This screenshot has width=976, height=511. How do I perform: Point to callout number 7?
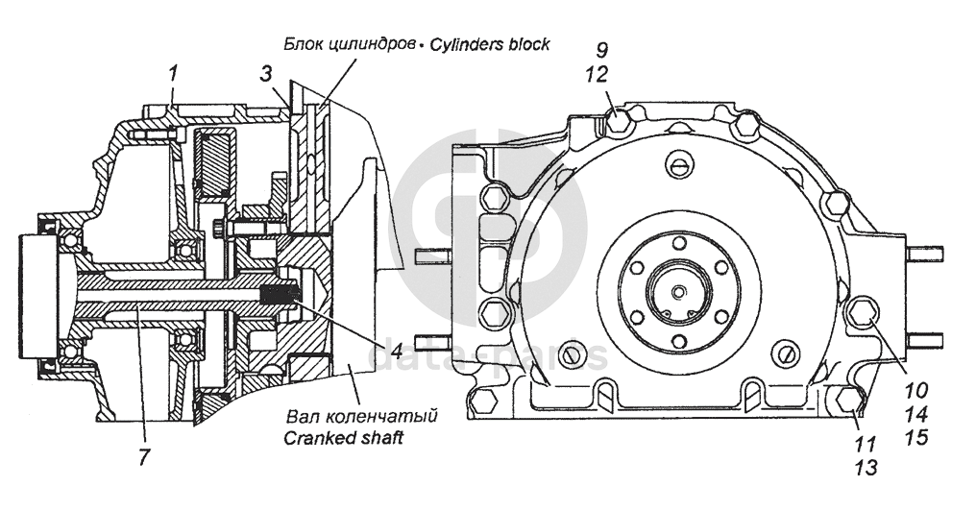pos(143,456)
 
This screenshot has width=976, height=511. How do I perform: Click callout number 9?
pos(602,47)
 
